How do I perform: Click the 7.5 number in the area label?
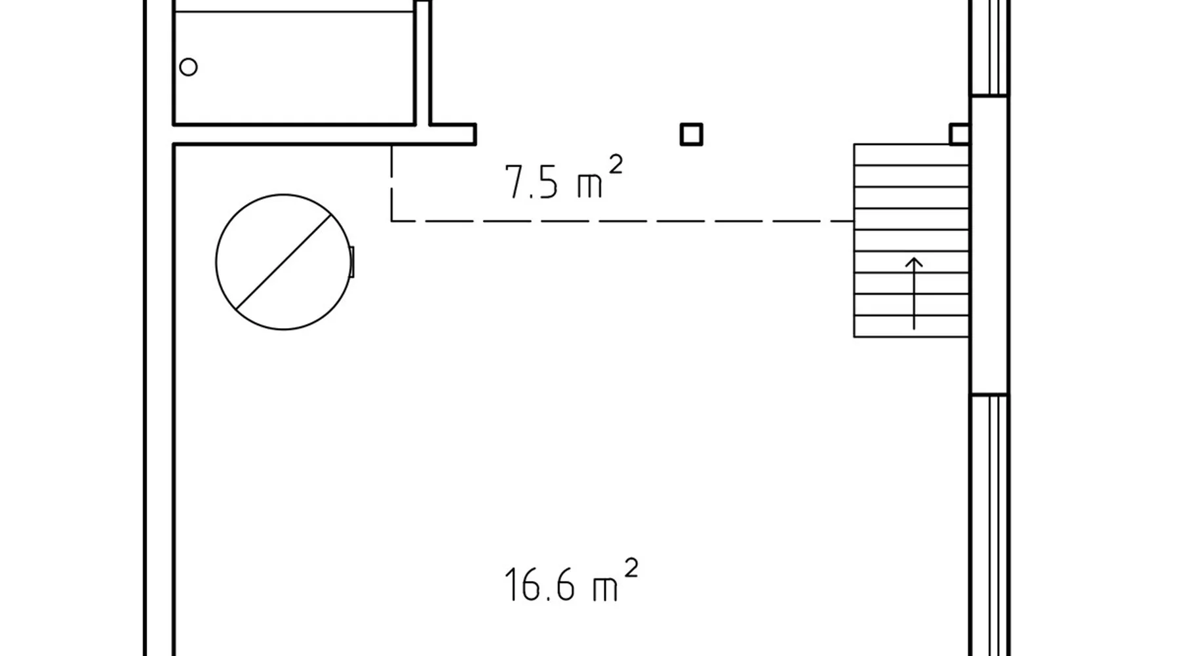click(531, 182)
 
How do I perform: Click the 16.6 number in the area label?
click(540, 584)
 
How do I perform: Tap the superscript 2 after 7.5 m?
click(615, 164)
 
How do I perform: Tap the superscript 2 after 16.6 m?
click(631, 567)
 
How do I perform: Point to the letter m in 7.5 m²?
click(589, 186)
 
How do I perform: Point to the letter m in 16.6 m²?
click(605, 589)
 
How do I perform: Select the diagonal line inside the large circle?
click(283, 262)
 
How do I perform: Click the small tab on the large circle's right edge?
click(352, 262)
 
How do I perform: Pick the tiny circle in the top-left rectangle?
click(188, 67)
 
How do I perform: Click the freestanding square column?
click(692, 134)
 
